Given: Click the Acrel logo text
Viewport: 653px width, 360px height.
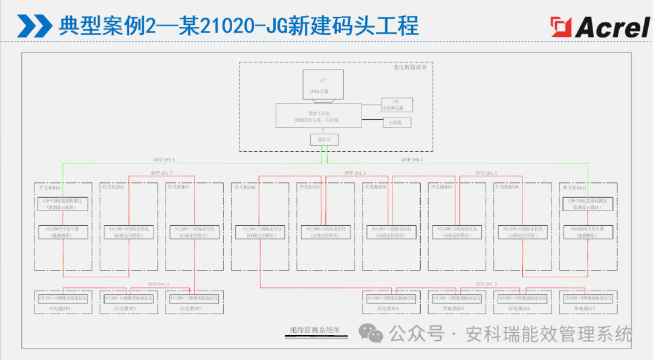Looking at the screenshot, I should (x=612, y=27).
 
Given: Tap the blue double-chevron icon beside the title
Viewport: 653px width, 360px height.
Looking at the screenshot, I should (x=34, y=26).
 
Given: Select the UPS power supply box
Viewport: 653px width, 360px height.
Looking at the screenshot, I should (x=397, y=105).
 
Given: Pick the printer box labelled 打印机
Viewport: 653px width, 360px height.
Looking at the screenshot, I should (x=397, y=122).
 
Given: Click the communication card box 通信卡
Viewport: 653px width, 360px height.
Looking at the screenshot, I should (x=324, y=140).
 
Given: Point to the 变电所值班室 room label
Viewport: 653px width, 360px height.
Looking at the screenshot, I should (x=410, y=68).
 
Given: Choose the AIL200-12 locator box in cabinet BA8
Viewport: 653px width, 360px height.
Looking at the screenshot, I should (x=391, y=232).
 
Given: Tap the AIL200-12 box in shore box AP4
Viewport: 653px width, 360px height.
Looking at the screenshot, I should (x=391, y=298).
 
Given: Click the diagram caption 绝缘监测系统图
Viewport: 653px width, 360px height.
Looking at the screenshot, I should (x=315, y=330).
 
